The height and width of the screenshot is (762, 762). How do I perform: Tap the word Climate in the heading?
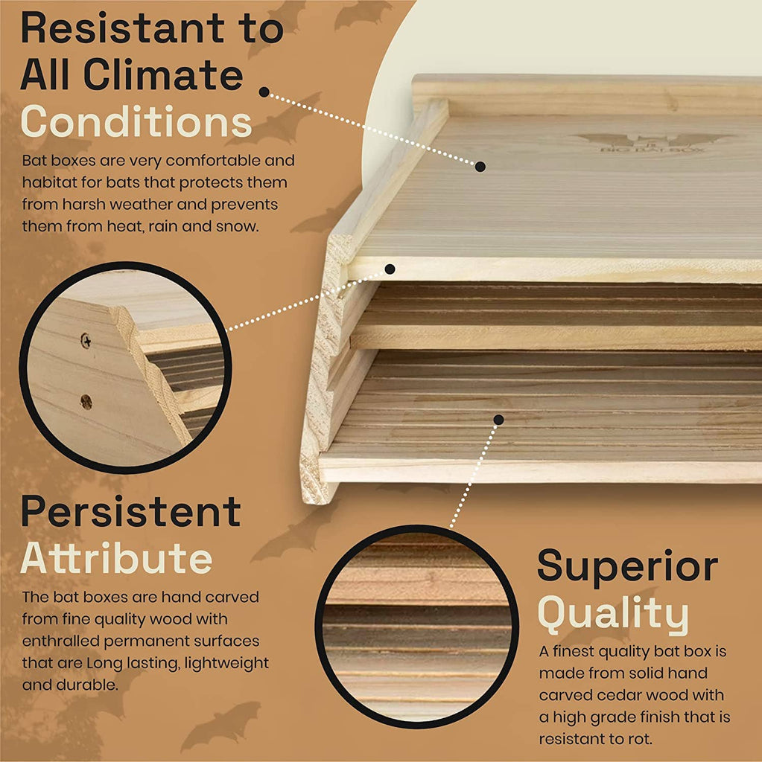click(162, 75)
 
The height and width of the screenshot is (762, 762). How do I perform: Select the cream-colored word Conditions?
click(136, 121)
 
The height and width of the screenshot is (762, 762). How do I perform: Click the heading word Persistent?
click(131, 511)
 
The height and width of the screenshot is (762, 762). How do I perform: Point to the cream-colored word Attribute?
click(117, 557)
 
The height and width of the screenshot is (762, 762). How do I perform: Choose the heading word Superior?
click(628, 566)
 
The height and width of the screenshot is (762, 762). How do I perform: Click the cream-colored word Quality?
click(613, 613)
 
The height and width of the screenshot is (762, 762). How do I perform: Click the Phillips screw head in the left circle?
click(86, 341)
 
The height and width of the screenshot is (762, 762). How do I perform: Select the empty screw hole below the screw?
click(86, 401)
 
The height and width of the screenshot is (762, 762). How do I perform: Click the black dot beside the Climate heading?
click(264, 92)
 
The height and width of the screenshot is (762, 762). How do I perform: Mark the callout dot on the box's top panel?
click(480, 167)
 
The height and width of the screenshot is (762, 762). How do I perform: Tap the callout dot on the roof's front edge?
click(390, 269)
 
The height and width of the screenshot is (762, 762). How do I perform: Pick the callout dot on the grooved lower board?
click(498, 420)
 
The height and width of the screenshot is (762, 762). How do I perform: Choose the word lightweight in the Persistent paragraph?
click(226, 663)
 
